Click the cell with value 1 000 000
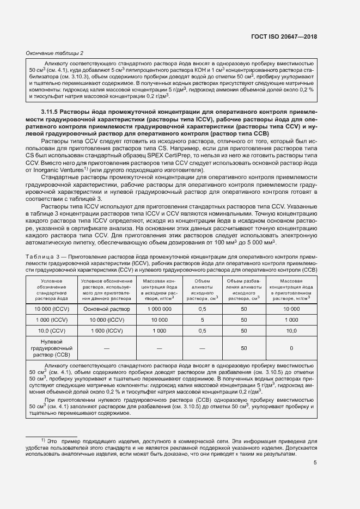159,309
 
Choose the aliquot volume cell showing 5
202,320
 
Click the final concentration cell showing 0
291,348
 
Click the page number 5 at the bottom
315,463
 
